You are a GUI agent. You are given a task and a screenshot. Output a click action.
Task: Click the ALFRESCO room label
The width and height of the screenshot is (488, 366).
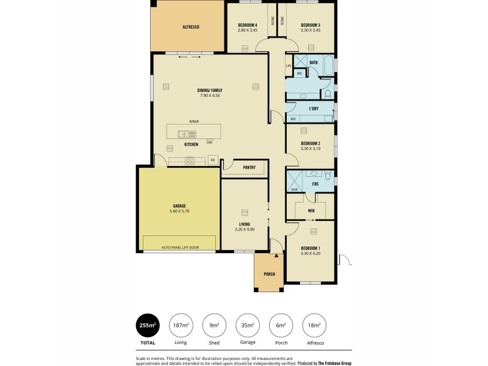pyautogui.click(x=191, y=27)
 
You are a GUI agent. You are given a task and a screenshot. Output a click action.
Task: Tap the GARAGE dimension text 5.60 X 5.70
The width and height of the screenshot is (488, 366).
pyautogui.click(x=179, y=211)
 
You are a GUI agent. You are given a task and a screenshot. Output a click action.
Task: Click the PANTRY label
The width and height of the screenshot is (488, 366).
pyautogui.click(x=248, y=167)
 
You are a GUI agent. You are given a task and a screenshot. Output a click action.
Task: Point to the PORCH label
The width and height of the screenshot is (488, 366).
pyautogui.click(x=269, y=274)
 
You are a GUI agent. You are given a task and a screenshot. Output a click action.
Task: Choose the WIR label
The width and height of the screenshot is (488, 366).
pyautogui.click(x=311, y=210)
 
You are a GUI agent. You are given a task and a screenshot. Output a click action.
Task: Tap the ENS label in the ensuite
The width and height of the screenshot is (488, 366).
pyautogui.click(x=315, y=183)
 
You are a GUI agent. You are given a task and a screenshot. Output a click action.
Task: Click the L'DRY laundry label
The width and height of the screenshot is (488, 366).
pyautogui.click(x=314, y=109)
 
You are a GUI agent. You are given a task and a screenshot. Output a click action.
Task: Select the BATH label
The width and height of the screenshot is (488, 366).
pyautogui.click(x=313, y=62)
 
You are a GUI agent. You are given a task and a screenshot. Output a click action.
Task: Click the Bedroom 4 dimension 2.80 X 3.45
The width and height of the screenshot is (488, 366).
pyautogui.click(x=247, y=30)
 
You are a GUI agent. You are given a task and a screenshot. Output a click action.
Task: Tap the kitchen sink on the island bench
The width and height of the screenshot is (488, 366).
pyautogui.click(x=184, y=134)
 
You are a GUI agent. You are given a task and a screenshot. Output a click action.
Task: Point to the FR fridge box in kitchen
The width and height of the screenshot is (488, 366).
pyautogui.click(x=212, y=160)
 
